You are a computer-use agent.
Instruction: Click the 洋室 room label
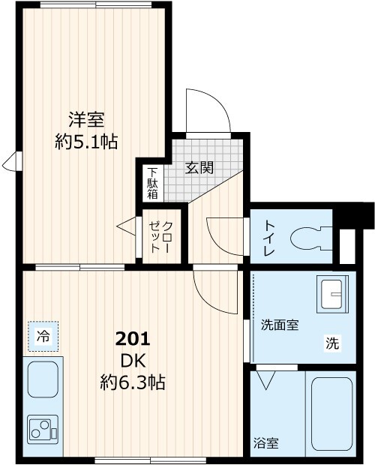tap(86, 119)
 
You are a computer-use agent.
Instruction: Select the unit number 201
tap(133, 338)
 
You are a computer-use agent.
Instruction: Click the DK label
tap(133, 361)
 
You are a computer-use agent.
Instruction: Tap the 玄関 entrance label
tap(200, 166)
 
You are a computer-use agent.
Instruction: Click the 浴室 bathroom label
tap(266, 443)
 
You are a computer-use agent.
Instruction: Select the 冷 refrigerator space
tap(44, 337)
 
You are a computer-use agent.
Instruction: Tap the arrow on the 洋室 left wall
tap(11, 161)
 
